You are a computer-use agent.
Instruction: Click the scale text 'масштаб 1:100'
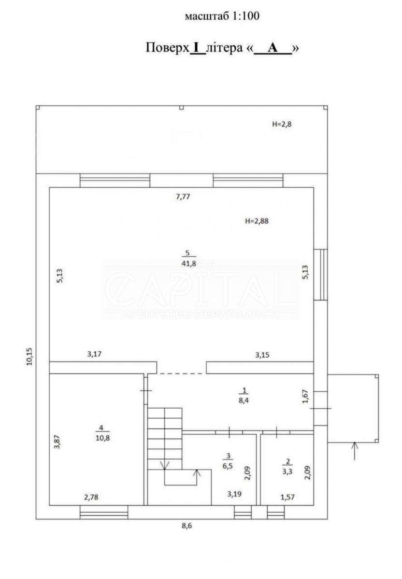tap(222, 16)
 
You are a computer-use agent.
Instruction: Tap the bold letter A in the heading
tap(273, 48)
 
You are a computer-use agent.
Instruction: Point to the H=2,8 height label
tap(282, 124)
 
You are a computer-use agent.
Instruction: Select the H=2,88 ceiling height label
tap(257, 221)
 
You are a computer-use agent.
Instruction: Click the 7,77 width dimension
tap(183, 197)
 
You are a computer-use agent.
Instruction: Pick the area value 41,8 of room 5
tap(189, 263)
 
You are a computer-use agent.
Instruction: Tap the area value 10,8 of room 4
tap(102, 438)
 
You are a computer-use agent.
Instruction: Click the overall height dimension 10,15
tap(29, 357)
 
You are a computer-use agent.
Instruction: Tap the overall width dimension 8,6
tap(187, 526)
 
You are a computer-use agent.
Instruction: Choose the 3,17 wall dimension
tap(94, 354)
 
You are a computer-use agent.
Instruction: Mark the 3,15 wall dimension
tap(262, 355)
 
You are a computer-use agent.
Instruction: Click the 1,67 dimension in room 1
tap(306, 396)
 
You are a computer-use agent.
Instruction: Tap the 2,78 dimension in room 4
tap(91, 497)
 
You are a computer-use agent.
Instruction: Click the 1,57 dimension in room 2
tap(287, 497)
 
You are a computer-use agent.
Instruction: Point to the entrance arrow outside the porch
tap(354, 451)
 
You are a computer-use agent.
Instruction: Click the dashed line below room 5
tap(181, 374)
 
